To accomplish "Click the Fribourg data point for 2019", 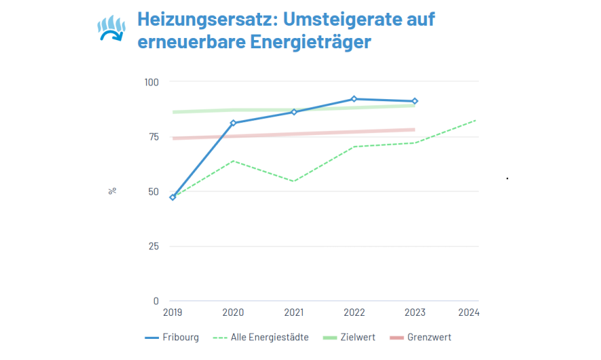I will [172, 198].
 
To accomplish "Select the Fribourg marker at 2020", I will [233, 123].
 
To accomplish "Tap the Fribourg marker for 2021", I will [294, 112].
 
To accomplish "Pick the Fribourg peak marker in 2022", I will [354, 99].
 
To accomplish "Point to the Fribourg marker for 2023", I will [415, 101].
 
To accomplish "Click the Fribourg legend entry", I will [172, 338].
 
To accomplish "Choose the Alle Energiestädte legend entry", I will [261, 338].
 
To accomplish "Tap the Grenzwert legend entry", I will [420, 338].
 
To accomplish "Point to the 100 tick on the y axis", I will [151, 82].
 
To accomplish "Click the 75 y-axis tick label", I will [153, 137].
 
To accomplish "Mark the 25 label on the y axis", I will [153, 246].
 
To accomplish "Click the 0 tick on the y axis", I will [156, 301].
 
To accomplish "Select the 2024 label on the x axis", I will [469, 313].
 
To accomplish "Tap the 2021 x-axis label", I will [293, 313].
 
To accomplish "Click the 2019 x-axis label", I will [172, 313].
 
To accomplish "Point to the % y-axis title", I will [112, 191].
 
